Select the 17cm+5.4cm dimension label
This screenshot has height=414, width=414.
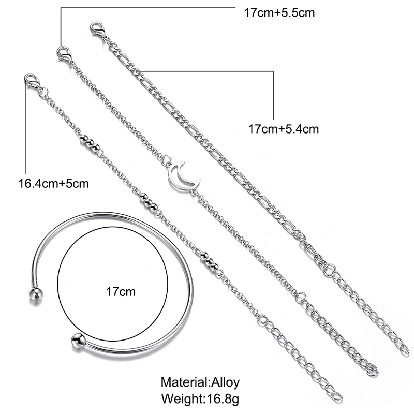284,128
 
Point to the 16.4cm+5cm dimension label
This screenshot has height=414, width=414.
53,183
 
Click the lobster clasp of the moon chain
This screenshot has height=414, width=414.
64,53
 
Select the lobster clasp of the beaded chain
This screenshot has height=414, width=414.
31,81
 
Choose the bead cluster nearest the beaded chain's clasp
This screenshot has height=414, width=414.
88,142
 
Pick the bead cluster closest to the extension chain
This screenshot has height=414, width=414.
209,260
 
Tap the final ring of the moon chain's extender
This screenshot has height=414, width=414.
372,371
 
